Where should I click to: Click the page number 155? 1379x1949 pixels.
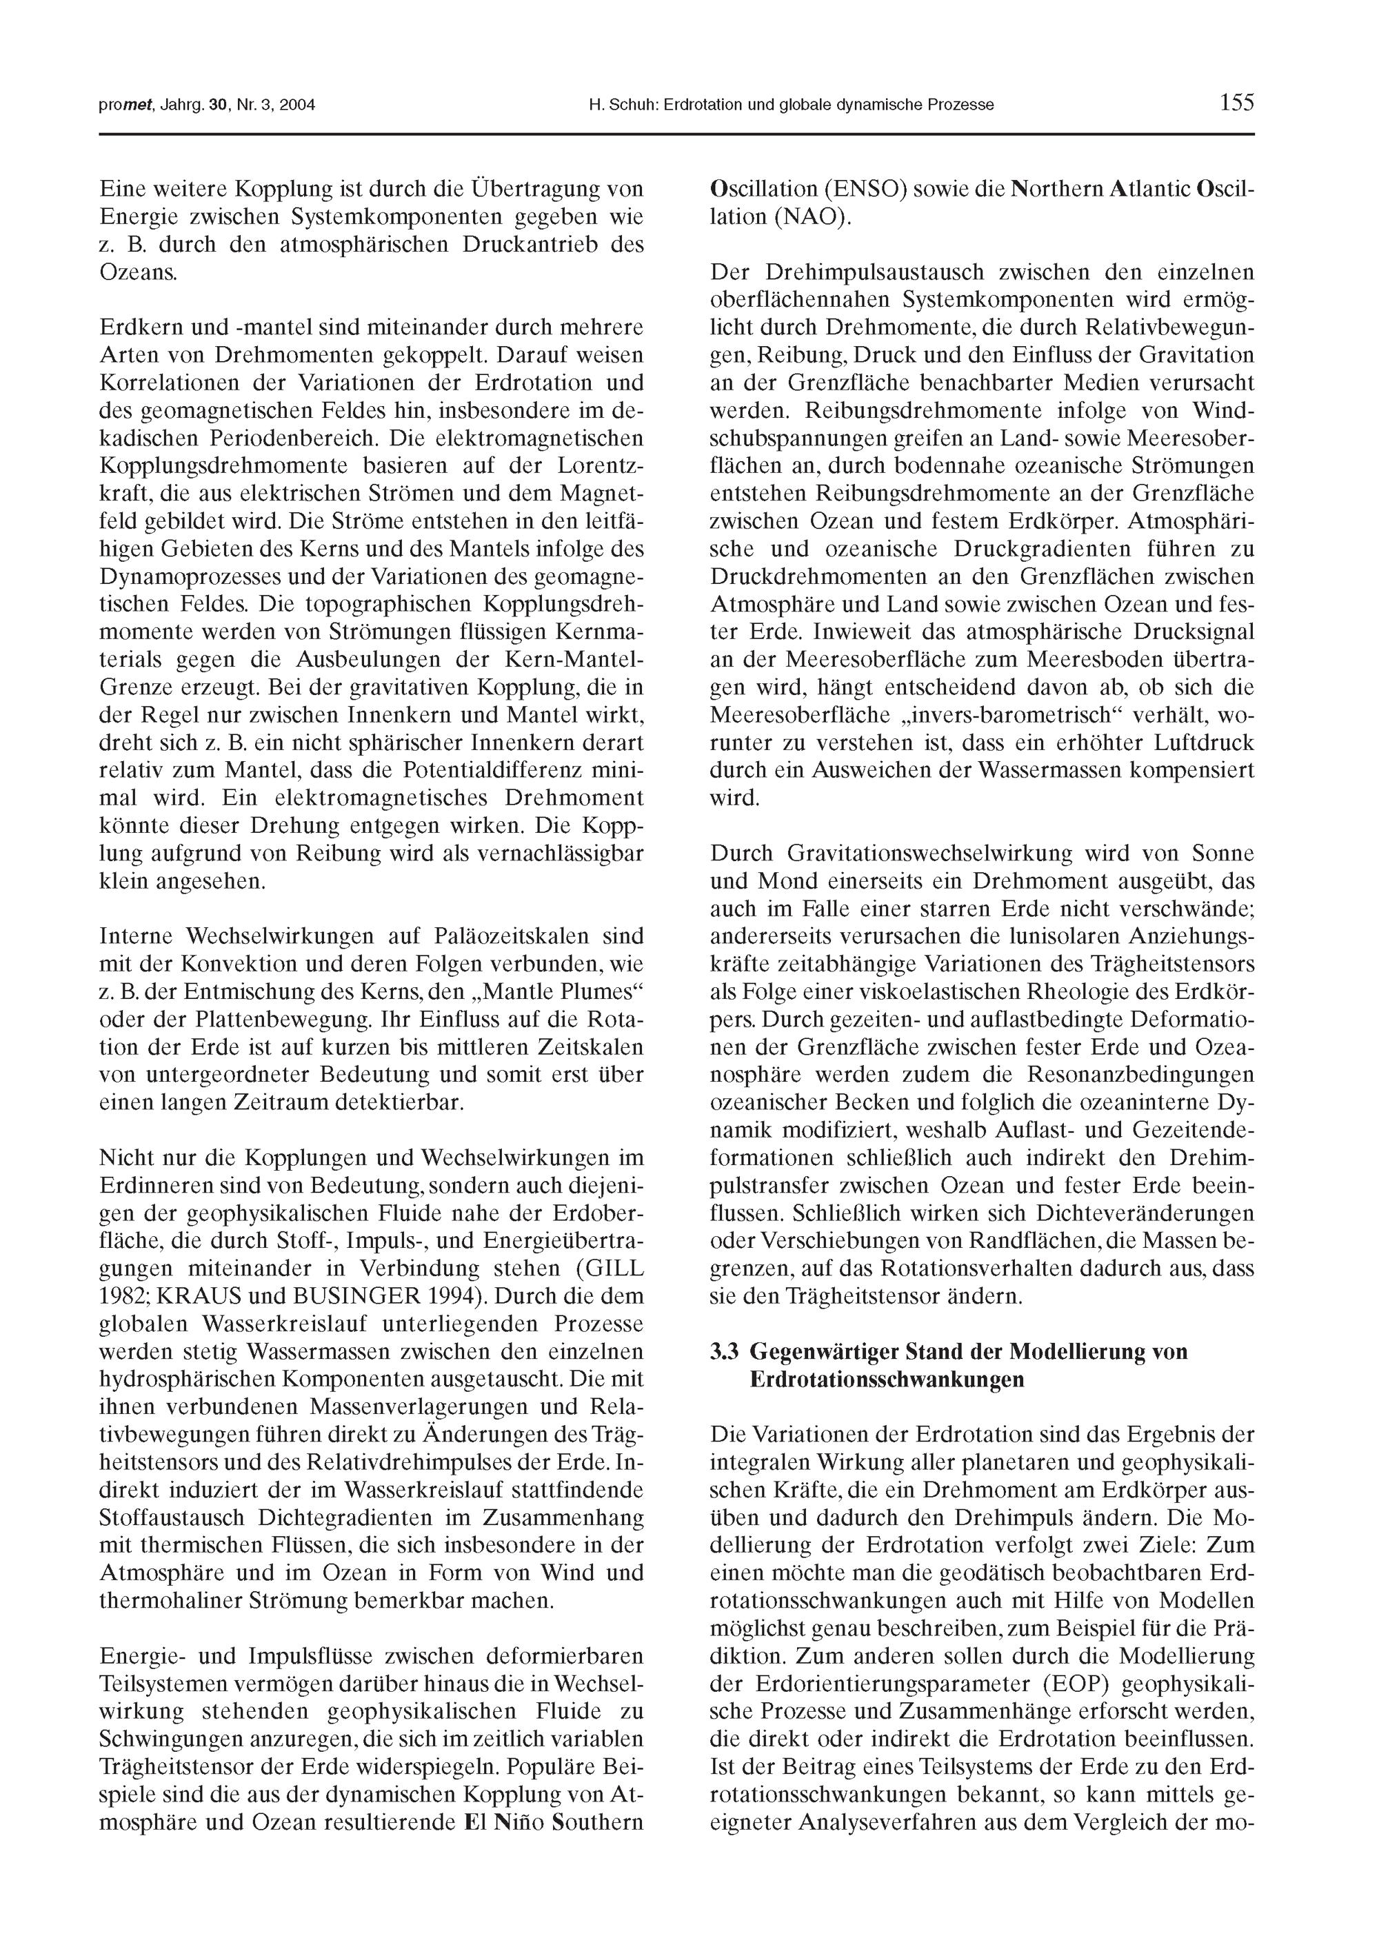1236,103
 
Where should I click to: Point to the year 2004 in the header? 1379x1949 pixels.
298,106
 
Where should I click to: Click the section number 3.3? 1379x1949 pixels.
726,1351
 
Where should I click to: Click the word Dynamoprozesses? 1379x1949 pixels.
194,577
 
